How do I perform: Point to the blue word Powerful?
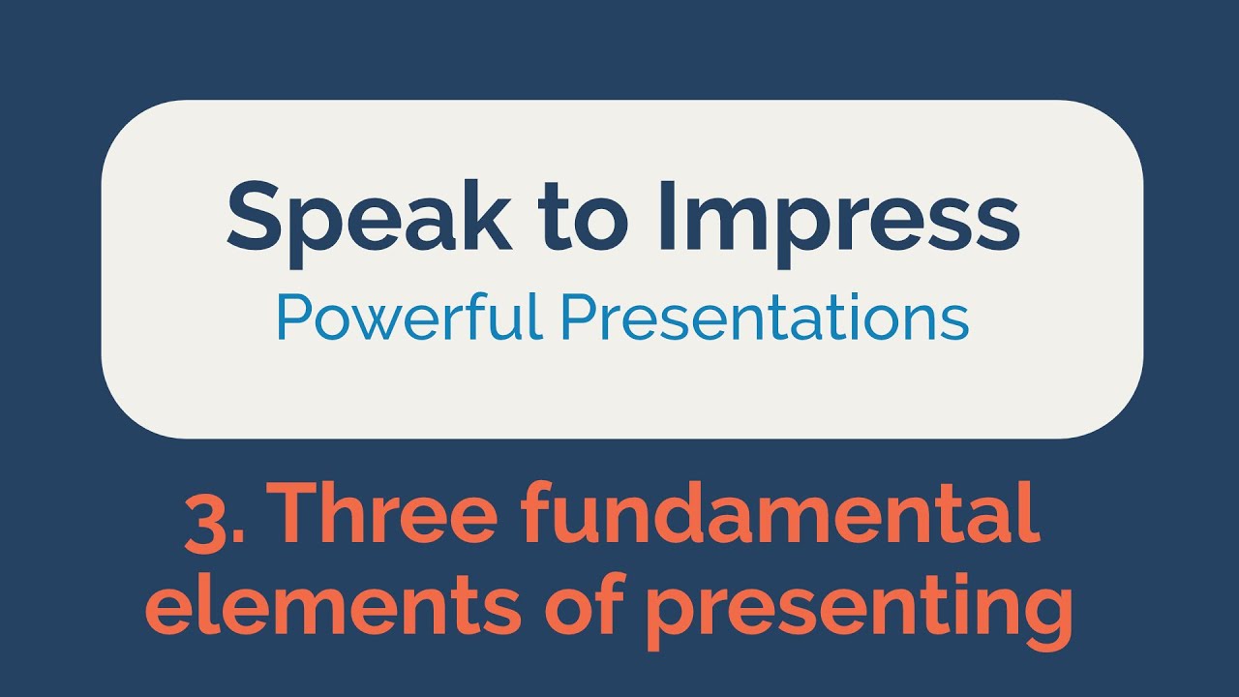[410, 318]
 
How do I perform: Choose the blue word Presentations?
[766, 318]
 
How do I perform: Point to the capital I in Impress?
[665, 215]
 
